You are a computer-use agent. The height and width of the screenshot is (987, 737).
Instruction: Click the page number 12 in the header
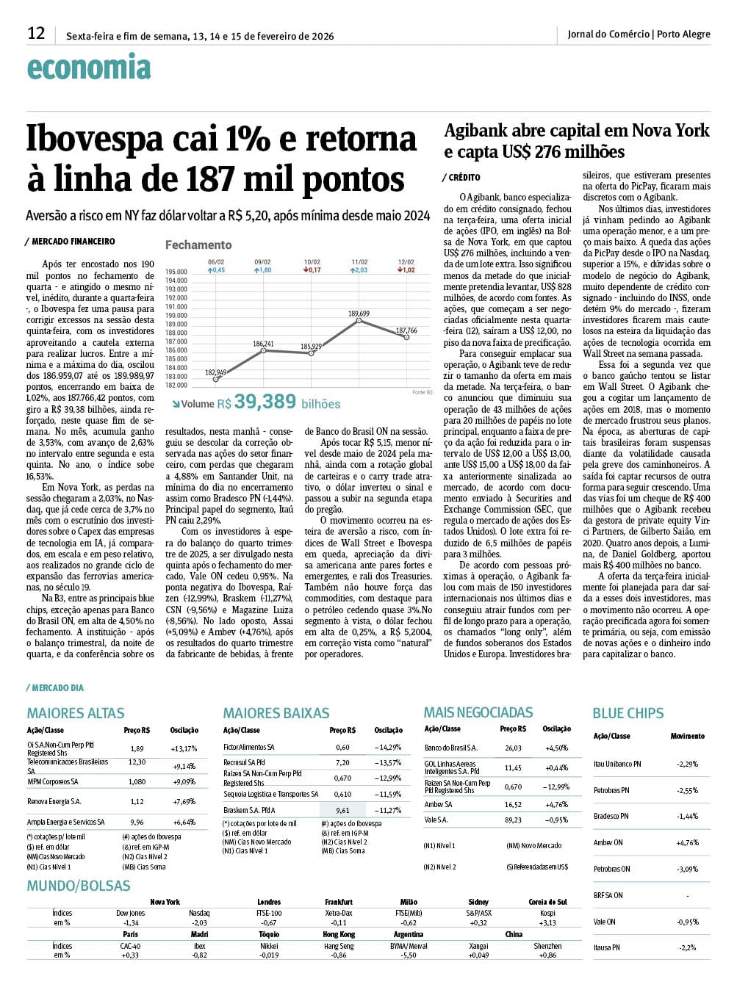click(36, 33)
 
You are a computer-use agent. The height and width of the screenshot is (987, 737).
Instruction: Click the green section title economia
click(89, 68)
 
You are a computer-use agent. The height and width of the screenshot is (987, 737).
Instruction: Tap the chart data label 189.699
click(359, 314)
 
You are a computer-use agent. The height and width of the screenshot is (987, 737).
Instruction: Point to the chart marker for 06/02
click(216, 379)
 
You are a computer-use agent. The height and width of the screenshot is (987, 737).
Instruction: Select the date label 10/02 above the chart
click(312, 262)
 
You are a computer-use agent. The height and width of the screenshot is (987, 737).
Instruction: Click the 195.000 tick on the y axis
click(176, 272)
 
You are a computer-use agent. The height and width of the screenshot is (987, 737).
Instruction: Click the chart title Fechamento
click(198, 245)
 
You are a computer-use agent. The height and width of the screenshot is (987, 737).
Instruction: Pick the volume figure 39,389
click(265, 402)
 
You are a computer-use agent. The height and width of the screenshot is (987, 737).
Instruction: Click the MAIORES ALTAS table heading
click(76, 713)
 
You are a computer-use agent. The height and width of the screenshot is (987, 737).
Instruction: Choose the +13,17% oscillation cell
click(184, 749)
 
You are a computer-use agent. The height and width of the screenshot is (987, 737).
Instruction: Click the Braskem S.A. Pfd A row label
click(249, 811)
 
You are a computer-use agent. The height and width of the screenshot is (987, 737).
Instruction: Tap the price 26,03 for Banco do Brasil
click(513, 748)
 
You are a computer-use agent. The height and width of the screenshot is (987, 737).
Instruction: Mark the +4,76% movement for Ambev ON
click(687, 843)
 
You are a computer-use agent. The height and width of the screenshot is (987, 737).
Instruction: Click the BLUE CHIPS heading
click(628, 713)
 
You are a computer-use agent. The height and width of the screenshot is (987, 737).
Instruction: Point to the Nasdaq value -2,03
click(198, 923)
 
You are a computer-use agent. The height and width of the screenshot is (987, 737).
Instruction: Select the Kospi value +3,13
click(547, 923)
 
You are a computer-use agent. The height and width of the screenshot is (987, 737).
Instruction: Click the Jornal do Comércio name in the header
click(608, 34)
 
